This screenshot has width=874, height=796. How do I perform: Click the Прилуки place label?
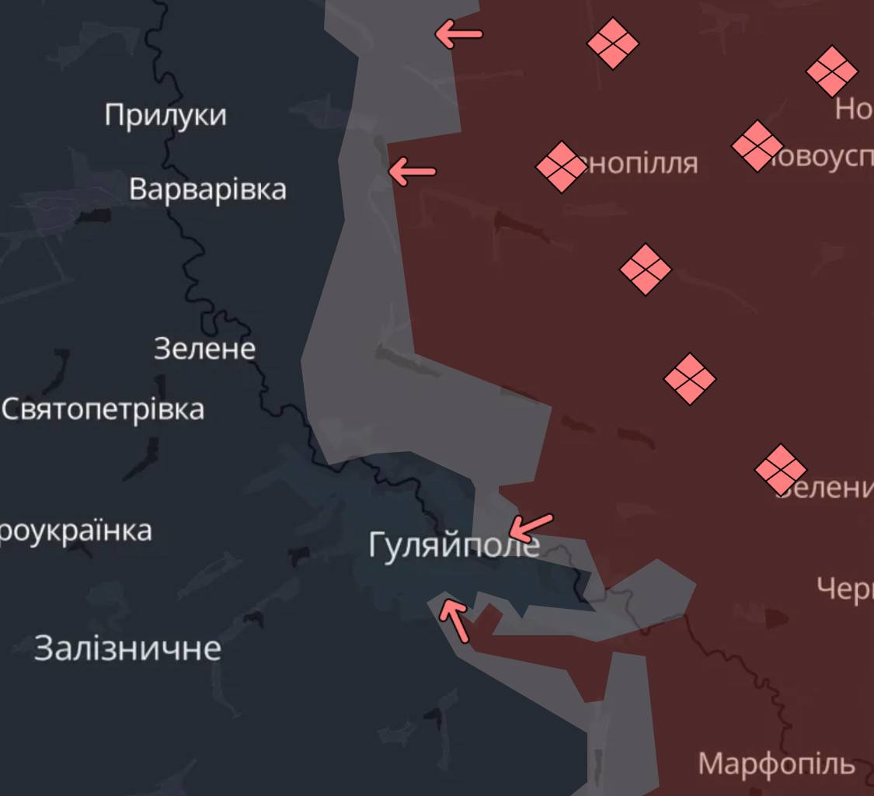click(x=165, y=115)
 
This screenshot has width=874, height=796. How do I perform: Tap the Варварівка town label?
click(x=207, y=189)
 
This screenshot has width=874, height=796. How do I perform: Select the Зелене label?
click(x=204, y=349)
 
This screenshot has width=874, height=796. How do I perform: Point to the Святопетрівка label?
click(x=103, y=409)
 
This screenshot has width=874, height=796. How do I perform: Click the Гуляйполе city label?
click(x=453, y=545)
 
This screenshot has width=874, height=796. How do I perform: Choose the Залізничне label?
click(x=127, y=648)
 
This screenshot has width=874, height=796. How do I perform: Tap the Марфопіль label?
click(x=776, y=764)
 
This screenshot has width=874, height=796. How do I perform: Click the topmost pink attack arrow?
click(x=458, y=34)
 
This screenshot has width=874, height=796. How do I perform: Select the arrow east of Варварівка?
click(x=412, y=172)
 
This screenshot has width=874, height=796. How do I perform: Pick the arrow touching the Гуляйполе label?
click(x=531, y=528)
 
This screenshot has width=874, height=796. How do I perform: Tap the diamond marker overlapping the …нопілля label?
click(x=561, y=166)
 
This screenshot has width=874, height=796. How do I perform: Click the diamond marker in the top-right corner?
click(x=831, y=71)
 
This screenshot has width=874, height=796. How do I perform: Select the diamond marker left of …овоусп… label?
click(x=757, y=145)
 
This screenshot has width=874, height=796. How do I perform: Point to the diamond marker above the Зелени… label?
click(x=781, y=469)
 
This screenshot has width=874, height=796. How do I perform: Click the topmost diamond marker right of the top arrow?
click(x=612, y=43)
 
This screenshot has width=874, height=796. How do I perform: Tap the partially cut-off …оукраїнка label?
click(x=75, y=532)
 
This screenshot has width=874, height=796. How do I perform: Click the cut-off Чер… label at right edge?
click(x=845, y=589)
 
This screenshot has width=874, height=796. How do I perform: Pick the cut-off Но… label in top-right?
click(x=854, y=110)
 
